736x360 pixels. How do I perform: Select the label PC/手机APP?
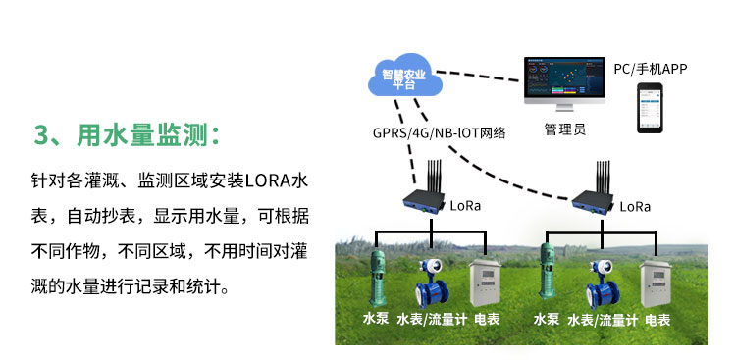(649, 69)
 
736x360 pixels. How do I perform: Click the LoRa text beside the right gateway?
(635, 207)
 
